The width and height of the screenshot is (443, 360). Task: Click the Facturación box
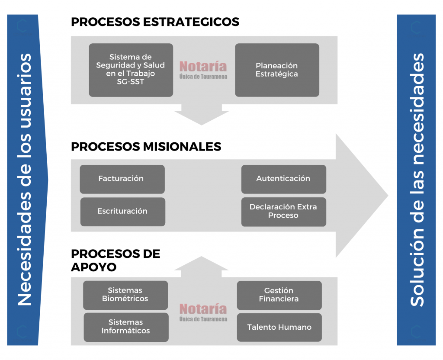pyautogui.click(x=122, y=179)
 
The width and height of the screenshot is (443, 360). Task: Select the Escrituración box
pyautogui.click(x=122, y=212)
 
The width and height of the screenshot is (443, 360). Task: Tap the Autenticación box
pyautogui.click(x=284, y=179)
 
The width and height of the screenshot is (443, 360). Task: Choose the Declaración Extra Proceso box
pyautogui.click(x=284, y=212)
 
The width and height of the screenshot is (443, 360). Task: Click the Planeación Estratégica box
pyautogui.click(x=277, y=70)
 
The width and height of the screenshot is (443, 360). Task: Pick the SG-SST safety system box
pyautogui.click(x=131, y=70)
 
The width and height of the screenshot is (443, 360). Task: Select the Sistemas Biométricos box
pyautogui.click(x=125, y=295)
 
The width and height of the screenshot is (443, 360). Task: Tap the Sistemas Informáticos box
pyautogui.click(x=126, y=327)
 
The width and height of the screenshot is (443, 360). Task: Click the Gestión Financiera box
pyautogui.click(x=279, y=295)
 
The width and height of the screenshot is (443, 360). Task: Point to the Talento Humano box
pyautogui.click(x=279, y=327)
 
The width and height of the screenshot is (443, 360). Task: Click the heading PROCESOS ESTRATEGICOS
pyautogui.click(x=155, y=22)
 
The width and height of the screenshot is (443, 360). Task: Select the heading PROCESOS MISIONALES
pyautogui.click(x=146, y=147)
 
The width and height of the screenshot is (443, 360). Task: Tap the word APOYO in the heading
pyautogui.click(x=94, y=267)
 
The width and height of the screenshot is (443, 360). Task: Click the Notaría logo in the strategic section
pyautogui.click(x=203, y=70)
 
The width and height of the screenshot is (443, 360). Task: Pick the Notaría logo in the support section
pyautogui.click(x=203, y=312)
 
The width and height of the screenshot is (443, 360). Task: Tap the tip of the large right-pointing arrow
pyautogui.click(x=388, y=195)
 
